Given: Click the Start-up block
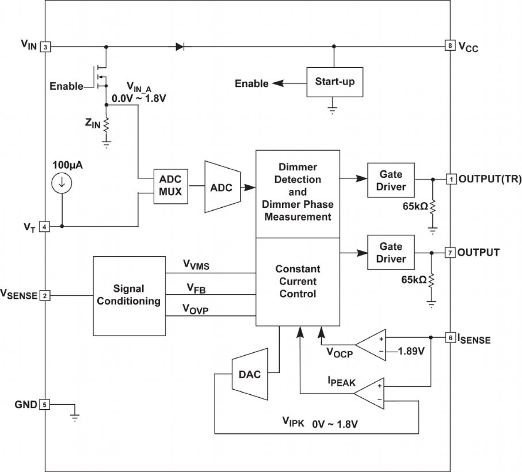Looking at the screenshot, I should coord(335,82).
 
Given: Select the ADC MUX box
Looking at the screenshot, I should coord(170,186).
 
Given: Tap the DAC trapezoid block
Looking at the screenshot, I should coord(250,374).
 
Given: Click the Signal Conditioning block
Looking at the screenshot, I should coord(129,295).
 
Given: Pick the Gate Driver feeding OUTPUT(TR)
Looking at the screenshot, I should coord(391,180).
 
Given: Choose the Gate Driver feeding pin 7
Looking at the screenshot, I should coord(391,253).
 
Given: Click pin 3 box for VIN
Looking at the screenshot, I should coord(45,47).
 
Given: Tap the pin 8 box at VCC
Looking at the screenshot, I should coord(450,45).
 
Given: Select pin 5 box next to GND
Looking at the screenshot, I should coord(44,404).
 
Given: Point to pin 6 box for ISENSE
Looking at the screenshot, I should coord(450,337).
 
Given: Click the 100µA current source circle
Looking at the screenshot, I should coord(62,183).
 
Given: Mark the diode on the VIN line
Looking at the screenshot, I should coord(180,47).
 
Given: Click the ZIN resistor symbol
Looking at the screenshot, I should coord(106,124).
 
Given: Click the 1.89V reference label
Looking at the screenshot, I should coord(411,352).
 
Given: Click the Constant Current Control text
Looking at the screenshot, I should coord(298,281).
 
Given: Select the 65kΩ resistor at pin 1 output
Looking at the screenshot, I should coord(433,206).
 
